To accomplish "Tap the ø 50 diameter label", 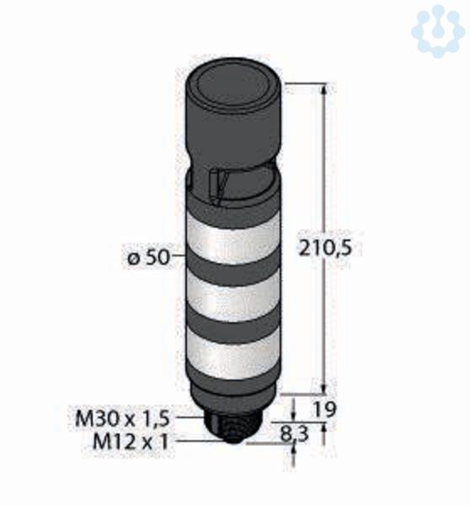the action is tap(148, 257).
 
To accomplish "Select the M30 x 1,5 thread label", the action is tap(122, 419).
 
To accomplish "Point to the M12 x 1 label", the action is tap(131, 441).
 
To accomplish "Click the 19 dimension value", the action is tap(324, 409).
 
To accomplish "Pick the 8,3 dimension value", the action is tap(294, 433).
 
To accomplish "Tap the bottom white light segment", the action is tap(232, 354).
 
